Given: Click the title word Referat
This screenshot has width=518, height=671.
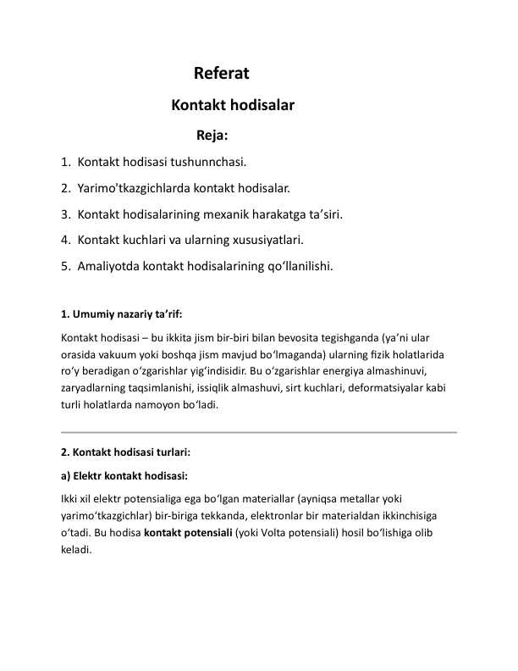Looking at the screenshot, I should [x=221, y=74].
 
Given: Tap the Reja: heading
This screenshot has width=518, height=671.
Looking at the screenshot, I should [x=212, y=134].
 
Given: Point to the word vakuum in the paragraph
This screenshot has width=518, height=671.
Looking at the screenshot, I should [x=114, y=353].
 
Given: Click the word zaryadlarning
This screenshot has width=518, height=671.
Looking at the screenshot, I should [x=97, y=387].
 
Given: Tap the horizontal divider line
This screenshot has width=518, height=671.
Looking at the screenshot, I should [x=259, y=432].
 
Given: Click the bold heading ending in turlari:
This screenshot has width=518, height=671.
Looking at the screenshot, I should [x=119, y=452].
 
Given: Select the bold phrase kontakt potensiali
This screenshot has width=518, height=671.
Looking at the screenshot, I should [x=188, y=532].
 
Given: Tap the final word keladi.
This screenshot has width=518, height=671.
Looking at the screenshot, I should [x=76, y=549].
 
